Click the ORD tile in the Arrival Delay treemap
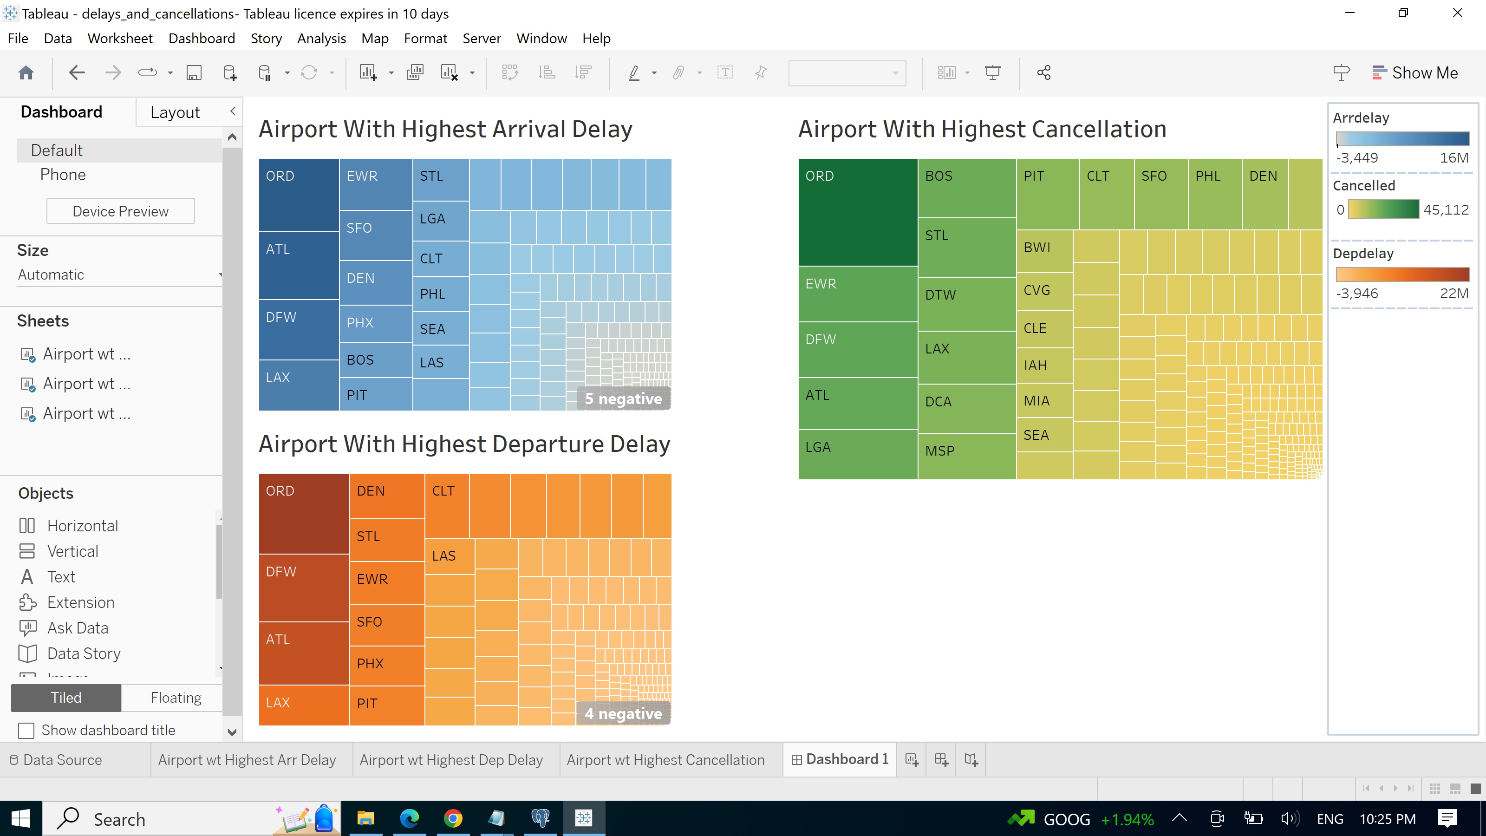click(x=298, y=195)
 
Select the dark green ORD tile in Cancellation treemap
click(x=857, y=212)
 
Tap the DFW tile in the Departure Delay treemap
click(x=303, y=588)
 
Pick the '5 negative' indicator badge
click(x=623, y=398)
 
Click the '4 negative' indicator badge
click(x=623, y=714)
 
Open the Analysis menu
click(x=321, y=38)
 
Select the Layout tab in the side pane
click(x=175, y=112)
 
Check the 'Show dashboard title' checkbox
click(x=26, y=731)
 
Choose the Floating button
click(x=176, y=698)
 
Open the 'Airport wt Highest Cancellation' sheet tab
click(x=665, y=760)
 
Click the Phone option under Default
click(x=63, y=175)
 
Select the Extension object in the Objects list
click(x=80, y=602)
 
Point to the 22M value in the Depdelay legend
click(x=1453, y=294)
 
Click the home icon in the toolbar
click(x=26, y=73)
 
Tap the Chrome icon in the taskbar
click(x=453, y=818)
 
